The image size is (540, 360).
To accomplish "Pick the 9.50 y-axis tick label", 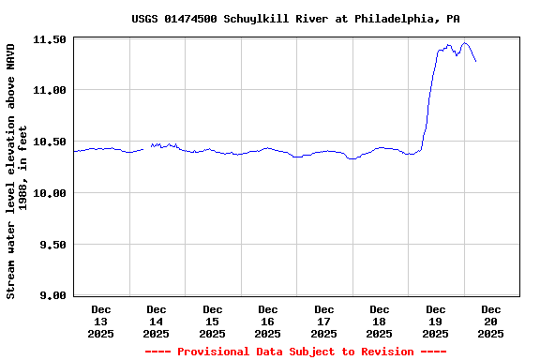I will coord(52,245).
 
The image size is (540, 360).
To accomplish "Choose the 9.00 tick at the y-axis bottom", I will coord(52,295).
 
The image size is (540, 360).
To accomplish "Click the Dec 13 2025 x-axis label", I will coord(100,321).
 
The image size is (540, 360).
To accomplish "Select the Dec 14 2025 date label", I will coord(157,321).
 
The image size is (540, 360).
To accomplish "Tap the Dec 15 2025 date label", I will coord(212,321).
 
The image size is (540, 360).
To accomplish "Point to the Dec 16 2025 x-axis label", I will coord(268,321).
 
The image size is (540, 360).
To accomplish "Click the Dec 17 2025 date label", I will coord(323,321).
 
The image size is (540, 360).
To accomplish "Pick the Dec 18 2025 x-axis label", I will coord(380,321).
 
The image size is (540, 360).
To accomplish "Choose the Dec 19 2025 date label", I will coord(435,321).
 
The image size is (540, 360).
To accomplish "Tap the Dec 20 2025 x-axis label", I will coord(491,321).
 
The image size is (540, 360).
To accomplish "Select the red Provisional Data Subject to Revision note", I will coord(295,352).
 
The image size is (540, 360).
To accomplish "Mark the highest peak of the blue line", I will coord(465,42).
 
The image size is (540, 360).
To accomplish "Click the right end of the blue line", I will coord(476,62).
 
